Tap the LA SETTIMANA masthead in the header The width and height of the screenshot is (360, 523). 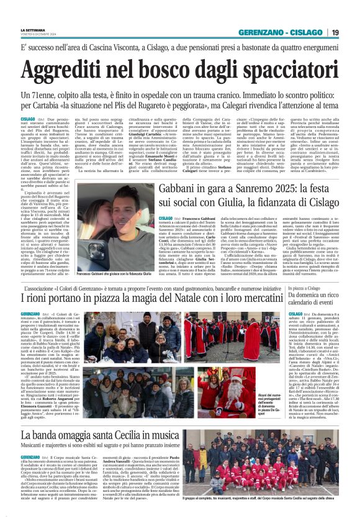click(32, 29)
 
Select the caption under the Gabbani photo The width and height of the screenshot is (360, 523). click(115, 273)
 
